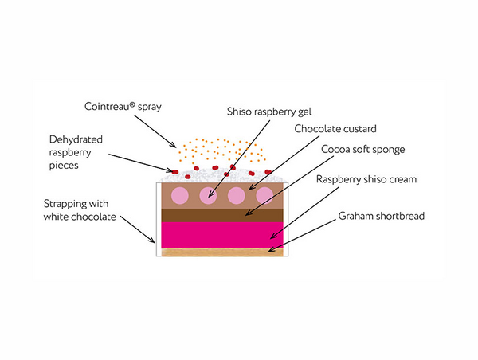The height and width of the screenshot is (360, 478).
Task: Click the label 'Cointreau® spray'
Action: pyautogui.click(x=123, y=106)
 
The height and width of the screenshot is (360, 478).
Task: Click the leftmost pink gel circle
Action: pyautogui.click(x=181, y=195)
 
